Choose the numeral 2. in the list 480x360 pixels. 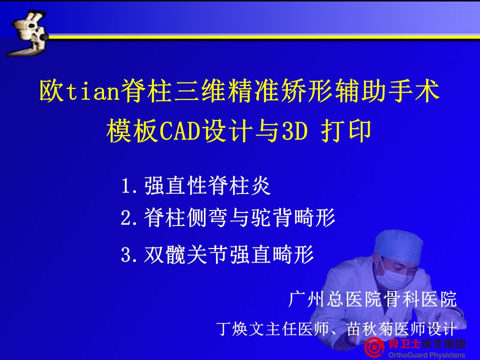click(x=129, y=218)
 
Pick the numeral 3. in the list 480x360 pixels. click(x=129, y=254)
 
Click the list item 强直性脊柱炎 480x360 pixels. click(x=207, y=185)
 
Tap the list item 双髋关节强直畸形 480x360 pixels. click(x=229, y=254)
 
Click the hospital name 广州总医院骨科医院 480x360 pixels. click(x=372, y=299)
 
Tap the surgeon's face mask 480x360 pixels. click(x=392, y=277)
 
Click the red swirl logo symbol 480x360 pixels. click(x=374, y=347)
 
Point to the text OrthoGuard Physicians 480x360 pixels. click(x=426, y=355)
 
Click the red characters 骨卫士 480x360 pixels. click(x=404, y=344)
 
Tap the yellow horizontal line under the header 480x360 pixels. click(x=264, y=37)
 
